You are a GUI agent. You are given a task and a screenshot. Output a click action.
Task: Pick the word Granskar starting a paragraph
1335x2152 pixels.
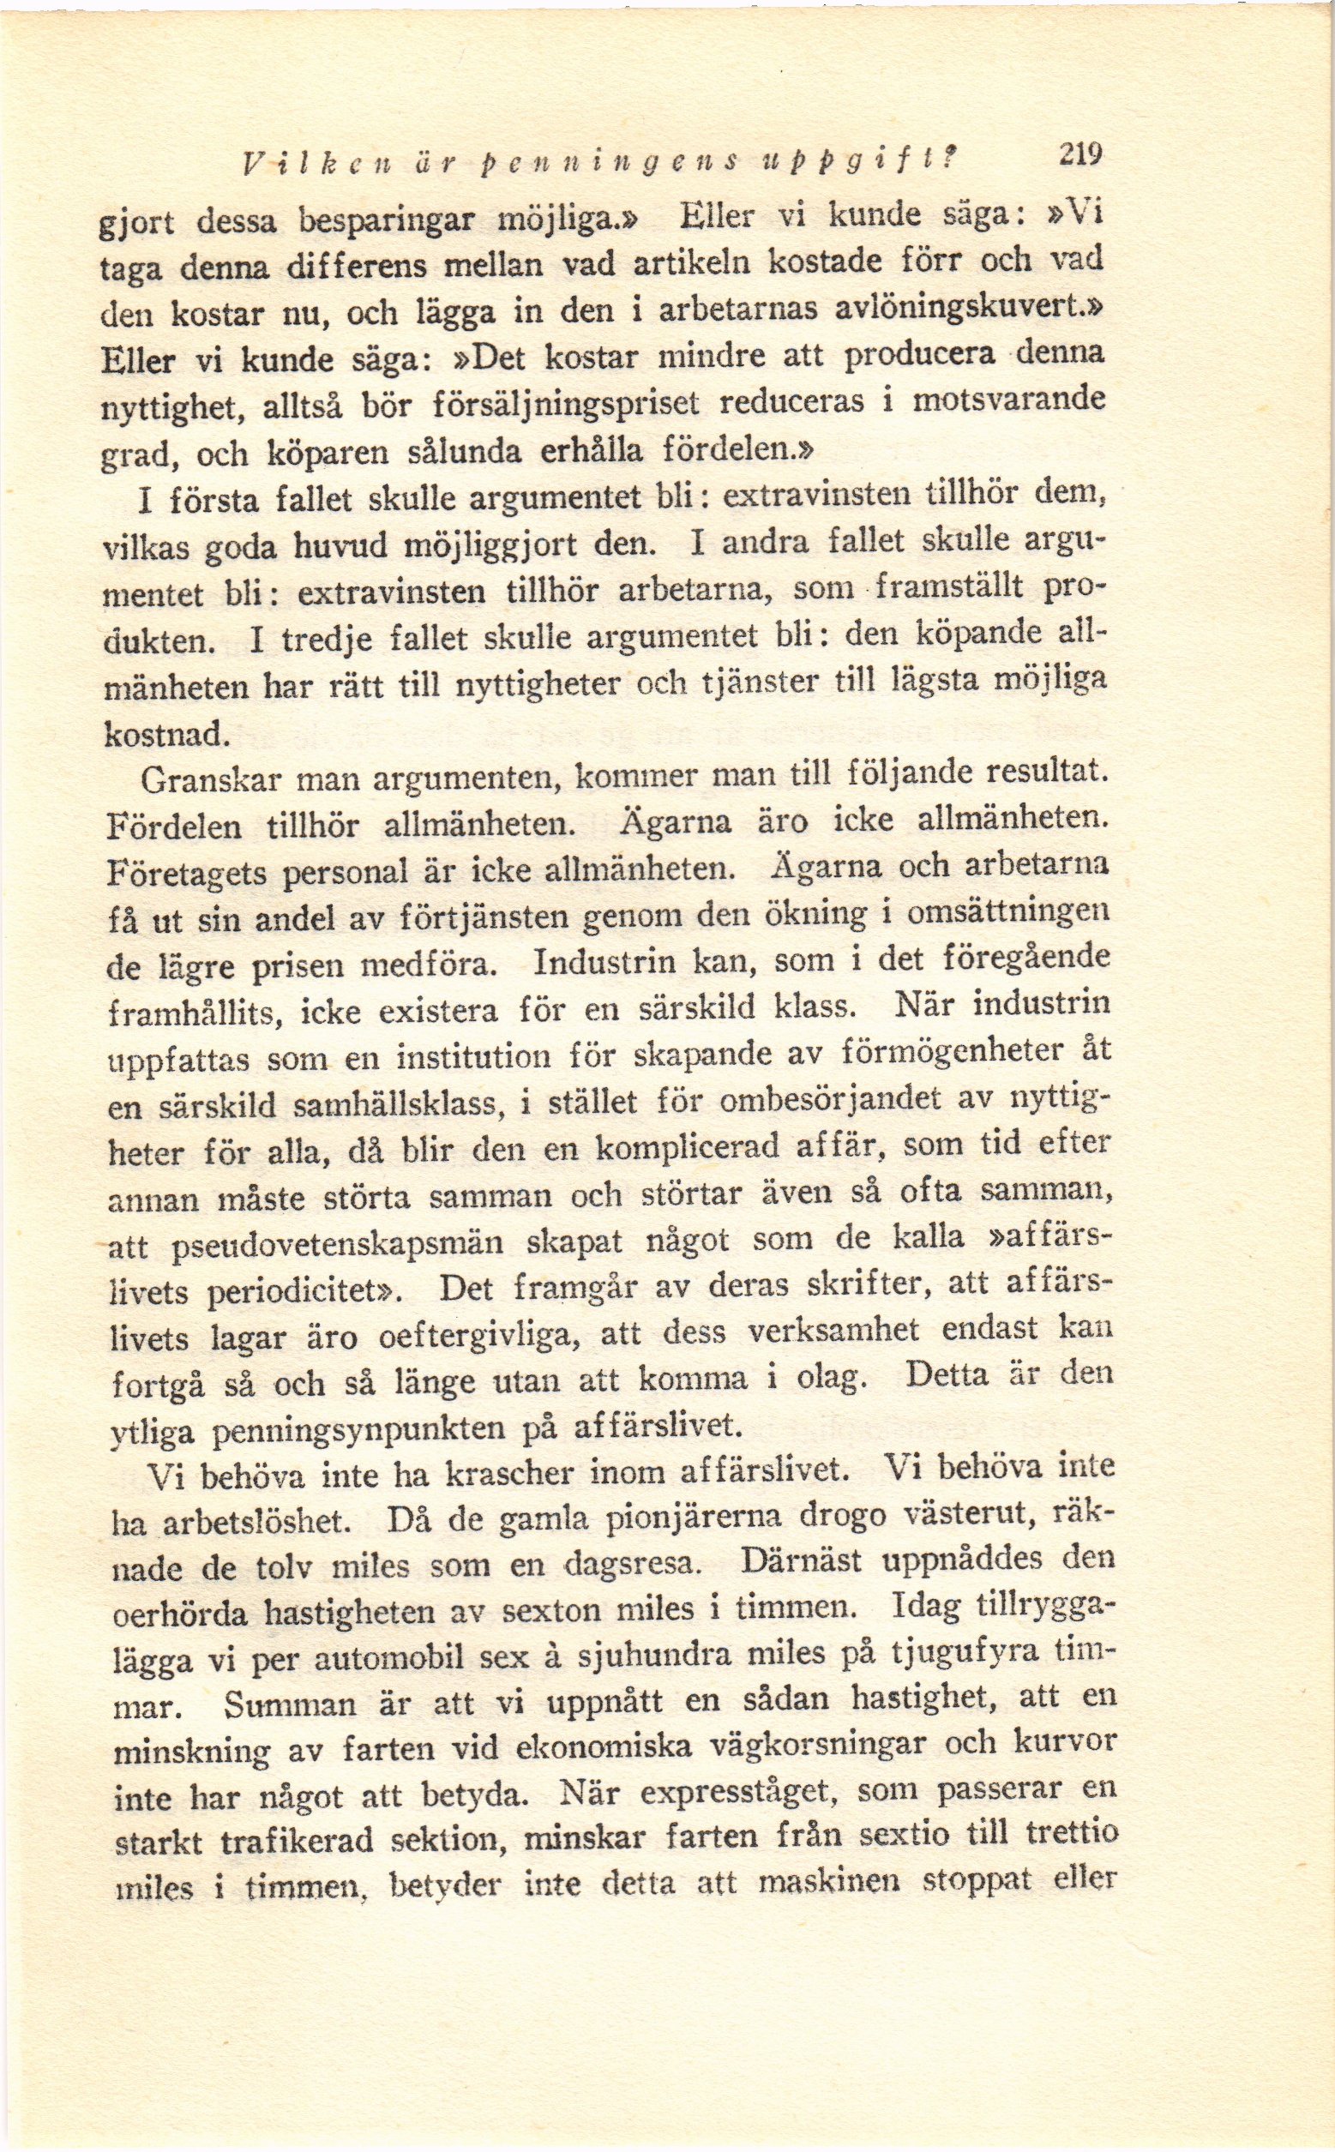pyautogui.click(x=209, y=780)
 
